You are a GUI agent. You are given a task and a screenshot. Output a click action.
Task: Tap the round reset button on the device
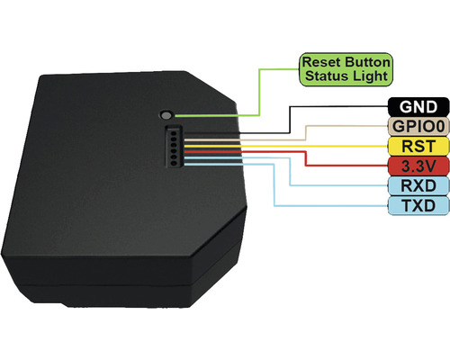166,115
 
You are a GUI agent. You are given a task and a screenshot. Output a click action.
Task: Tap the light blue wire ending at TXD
270,180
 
